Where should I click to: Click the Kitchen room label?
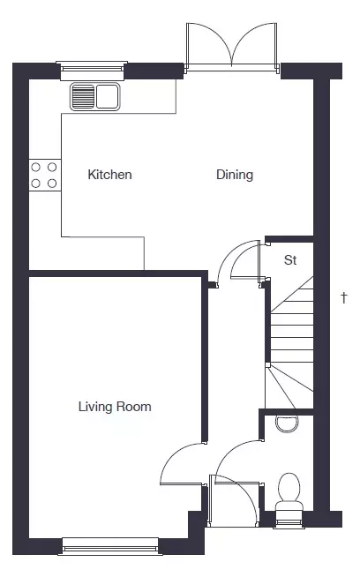(x=109, y=175)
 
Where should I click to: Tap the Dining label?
(x=235, y=175)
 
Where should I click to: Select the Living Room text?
(x=115, y=407)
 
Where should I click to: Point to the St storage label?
(x=290, y=260)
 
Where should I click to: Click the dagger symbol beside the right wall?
(x=344, y=297)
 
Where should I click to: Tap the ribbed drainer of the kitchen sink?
(x=83, y=97)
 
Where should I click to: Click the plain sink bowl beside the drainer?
(x=108, y=97)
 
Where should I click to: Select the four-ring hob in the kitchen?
(x=44, y=176)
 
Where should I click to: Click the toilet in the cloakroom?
(x=289, y=492)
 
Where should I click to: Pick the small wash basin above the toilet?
(x=287, y=423)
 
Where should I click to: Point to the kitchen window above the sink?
(x=91, y=71)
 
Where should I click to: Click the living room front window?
(x=110, y=546)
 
